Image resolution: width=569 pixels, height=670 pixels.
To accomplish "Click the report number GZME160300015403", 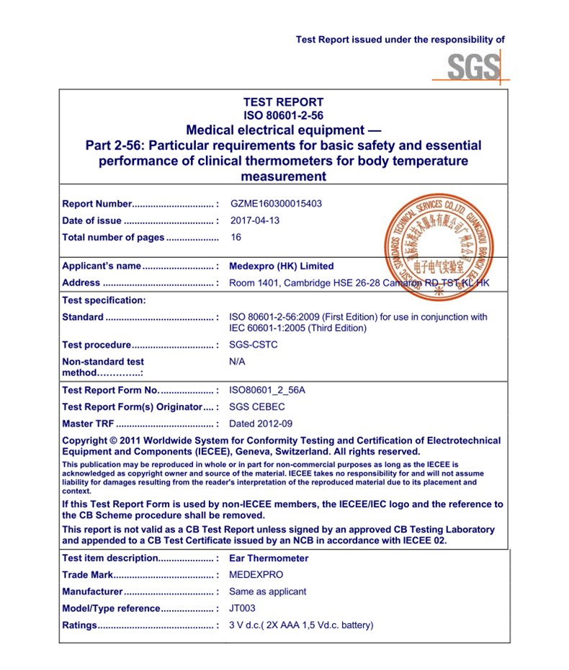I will pos(276,204).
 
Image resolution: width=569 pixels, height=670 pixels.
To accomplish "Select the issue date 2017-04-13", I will pos(254,220).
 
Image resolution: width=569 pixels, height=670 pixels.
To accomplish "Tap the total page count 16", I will pos(236,237).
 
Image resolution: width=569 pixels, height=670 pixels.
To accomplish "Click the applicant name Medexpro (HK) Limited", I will pos(281,266).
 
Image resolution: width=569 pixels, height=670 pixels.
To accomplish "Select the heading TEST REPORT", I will pos(283,102).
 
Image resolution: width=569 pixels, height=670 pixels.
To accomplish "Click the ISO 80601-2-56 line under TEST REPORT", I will pos(283,115).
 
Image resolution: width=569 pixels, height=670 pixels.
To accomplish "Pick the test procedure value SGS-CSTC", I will pos(253,344).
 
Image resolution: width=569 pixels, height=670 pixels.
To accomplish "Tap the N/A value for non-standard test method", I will pos(237,361).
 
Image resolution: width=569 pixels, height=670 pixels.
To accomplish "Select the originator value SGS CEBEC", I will pos(256,407).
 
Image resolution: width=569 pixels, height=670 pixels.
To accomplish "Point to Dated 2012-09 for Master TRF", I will pos(261,424).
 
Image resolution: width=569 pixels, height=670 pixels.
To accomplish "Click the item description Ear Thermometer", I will pos(268,558).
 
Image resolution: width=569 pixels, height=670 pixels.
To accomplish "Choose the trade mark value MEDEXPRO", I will pos(256,575).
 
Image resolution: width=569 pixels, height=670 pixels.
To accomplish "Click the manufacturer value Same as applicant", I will pos(267,591).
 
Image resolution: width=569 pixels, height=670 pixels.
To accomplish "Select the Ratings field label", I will pos(79,625).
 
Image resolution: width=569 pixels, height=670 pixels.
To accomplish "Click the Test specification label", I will pos(104,300).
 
